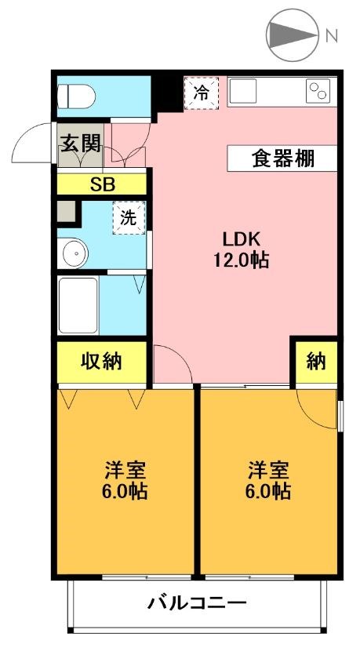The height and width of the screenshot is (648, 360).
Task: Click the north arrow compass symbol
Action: click(x=290, y=35)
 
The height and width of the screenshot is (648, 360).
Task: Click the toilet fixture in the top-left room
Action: click(x=78, y=97)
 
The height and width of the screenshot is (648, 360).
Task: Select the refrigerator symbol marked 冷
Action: click(x=202, y=93)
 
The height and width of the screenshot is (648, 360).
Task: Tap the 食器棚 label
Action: click(x=282, y=158)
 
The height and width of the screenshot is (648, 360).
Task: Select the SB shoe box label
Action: click(x=102, y=185)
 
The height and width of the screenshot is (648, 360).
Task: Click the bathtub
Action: click(x=78, y=304)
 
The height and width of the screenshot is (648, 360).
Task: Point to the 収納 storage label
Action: click(x=102, y=362)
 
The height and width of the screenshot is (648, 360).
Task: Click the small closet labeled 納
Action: click(x=315, y=362)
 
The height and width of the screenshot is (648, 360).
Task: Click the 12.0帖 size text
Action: click(x=242, y=260)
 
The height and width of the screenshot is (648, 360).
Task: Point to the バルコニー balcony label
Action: click(x=197, y=603)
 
